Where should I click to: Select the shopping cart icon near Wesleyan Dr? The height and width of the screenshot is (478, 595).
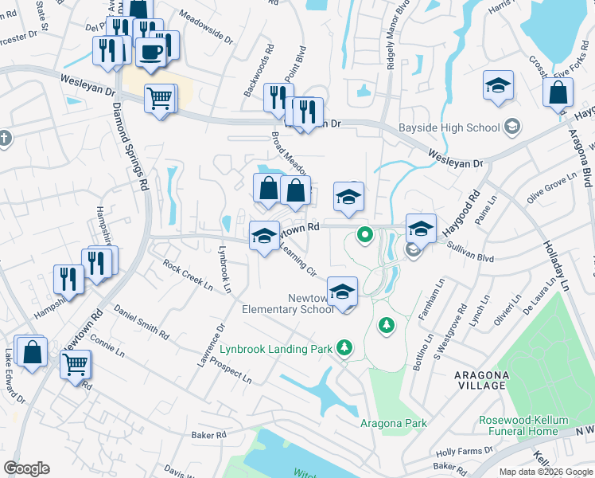click(159, 99)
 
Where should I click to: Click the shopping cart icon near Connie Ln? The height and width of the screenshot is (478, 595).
click(75, 365)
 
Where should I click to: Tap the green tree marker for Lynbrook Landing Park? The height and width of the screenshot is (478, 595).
click(344, 347)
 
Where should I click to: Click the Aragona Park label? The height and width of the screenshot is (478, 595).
click(393, 423)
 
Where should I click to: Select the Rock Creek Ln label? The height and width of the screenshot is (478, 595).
click(188, 275)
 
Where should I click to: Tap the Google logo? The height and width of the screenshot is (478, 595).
click(26, 468)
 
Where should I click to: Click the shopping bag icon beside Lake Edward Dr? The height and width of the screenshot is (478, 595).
click(31, 353)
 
